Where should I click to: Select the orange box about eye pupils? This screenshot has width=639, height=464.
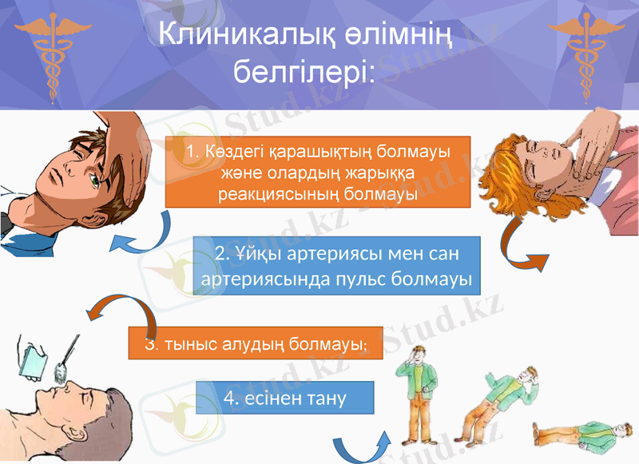point(318,172)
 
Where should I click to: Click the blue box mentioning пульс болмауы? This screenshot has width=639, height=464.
point(336,268)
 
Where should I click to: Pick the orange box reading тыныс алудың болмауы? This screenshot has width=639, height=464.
point(256,345)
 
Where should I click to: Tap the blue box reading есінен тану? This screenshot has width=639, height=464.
point(285,398)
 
